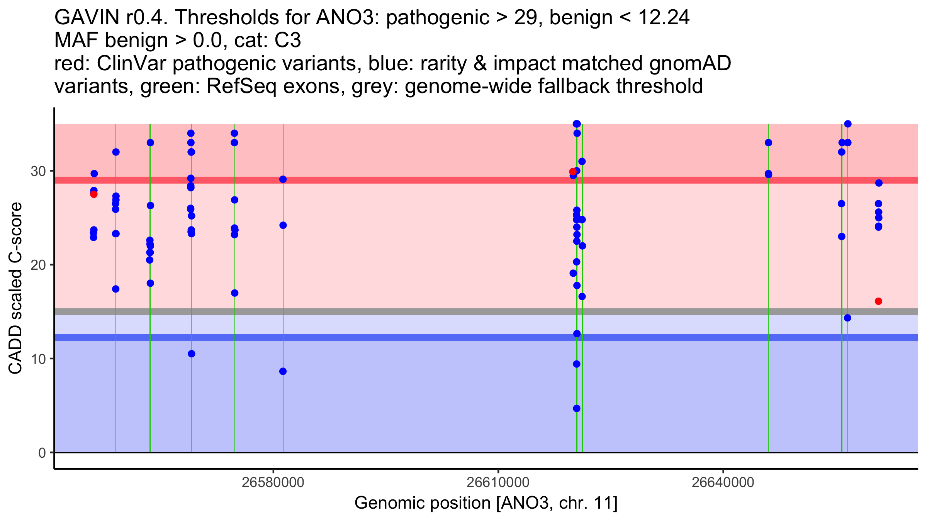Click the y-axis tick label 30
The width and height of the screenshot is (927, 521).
tap(38, 171)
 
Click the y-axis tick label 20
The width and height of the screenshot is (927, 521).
tap(38, 265)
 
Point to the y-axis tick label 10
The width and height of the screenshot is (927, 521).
tap(38, 359)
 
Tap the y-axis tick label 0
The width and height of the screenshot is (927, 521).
tap(42, 453)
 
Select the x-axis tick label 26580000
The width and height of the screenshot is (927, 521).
tap(273, 483)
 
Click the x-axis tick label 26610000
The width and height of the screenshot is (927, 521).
tap(498, 483)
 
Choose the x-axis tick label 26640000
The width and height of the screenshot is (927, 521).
tap(723, 483)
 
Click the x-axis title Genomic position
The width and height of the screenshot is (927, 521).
tap(486, 503)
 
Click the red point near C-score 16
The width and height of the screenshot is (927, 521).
tap(878, 301)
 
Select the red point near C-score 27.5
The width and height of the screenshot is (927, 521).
tap(94, 194)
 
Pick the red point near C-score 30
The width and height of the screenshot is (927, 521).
tap(573, 172)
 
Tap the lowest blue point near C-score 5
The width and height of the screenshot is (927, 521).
tap(577, 408)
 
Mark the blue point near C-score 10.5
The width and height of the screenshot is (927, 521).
tap(192, 354)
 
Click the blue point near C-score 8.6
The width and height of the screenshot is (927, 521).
tap(283, 371)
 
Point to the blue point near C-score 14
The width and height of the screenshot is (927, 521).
tap(847, 318)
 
